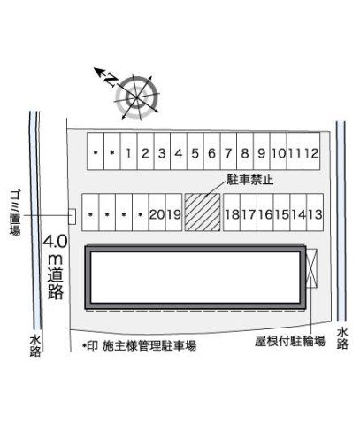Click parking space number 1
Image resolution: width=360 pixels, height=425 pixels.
[x=128, y=151]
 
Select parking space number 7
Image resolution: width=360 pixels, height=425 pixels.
[x=228, y=151]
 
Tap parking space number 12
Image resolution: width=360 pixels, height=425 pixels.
[x=311, y=151]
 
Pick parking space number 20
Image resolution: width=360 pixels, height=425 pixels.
[x=157, y=212]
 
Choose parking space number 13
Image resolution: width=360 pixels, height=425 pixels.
[x=315, y=212]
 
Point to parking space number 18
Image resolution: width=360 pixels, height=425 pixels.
[x=232, y=212]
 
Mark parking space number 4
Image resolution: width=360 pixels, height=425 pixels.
[x=179, y=151]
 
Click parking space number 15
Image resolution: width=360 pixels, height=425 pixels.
[x=282, y=212]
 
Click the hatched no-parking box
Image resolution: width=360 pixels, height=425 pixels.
[x=203, y=212]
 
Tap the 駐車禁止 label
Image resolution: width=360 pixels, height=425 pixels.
[x=250, y=180]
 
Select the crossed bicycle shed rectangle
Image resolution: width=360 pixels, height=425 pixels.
[x=311, y=268]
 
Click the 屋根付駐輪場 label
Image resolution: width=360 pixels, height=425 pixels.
[x=290, y=341]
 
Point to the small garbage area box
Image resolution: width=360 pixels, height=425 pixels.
[x=72, y=216]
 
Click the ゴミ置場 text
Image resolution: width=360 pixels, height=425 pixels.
[x=15, y=212]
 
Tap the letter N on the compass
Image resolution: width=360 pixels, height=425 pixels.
[x=111, y=80]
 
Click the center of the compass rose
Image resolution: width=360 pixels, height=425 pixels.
[x=137, y=97]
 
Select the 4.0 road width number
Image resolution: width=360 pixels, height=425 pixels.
[x=56, y=242]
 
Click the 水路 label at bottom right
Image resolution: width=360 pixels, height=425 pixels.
[x=342, y=338]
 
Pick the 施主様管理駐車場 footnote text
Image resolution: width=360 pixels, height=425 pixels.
[x=149, y=345]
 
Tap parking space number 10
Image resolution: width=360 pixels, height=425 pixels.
[x=279, y=151]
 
